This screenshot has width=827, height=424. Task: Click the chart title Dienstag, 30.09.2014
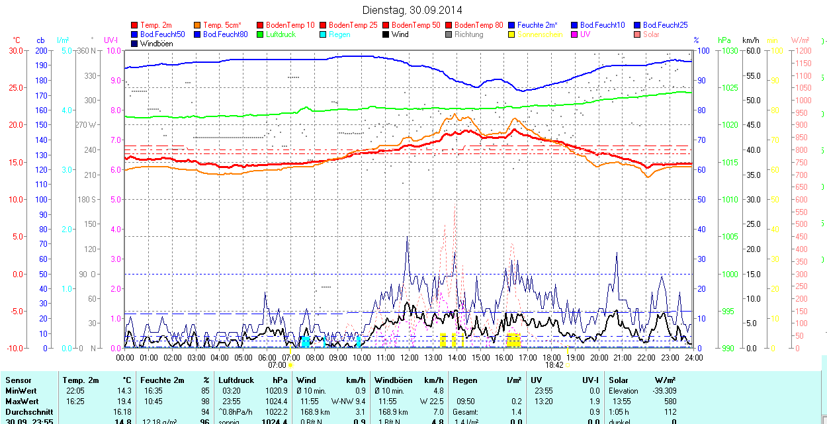pyautogui.click(x=412, y=10)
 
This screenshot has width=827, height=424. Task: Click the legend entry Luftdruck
pyautogui.click(x=281, y=34)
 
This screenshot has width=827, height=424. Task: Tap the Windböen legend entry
pyautogui.click(x=155, y=44)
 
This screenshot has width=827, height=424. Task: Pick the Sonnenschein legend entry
pyautogui.click(x=540, y=34)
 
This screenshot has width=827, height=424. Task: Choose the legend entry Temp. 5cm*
pyautogui.click(x=222, y=25)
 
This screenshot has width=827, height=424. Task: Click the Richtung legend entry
pyautogui.click(x=469, y=34)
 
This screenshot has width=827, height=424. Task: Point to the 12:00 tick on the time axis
pyautogui.click(x=409, y=357)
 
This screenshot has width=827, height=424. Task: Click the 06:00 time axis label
pyautogui.click(x=267, y=357)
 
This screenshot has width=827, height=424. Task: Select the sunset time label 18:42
pyautogui.click(x=554, y=365)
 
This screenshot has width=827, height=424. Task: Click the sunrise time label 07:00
pyautogui.click(x=277, y=365)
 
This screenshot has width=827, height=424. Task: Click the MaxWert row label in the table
pyautogui.click(x=22, y=402)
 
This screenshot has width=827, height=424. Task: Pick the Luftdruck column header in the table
pyautogui.click(x=235, y=380)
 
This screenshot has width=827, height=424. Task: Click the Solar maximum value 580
pyautogui.click(x=670, y=402)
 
